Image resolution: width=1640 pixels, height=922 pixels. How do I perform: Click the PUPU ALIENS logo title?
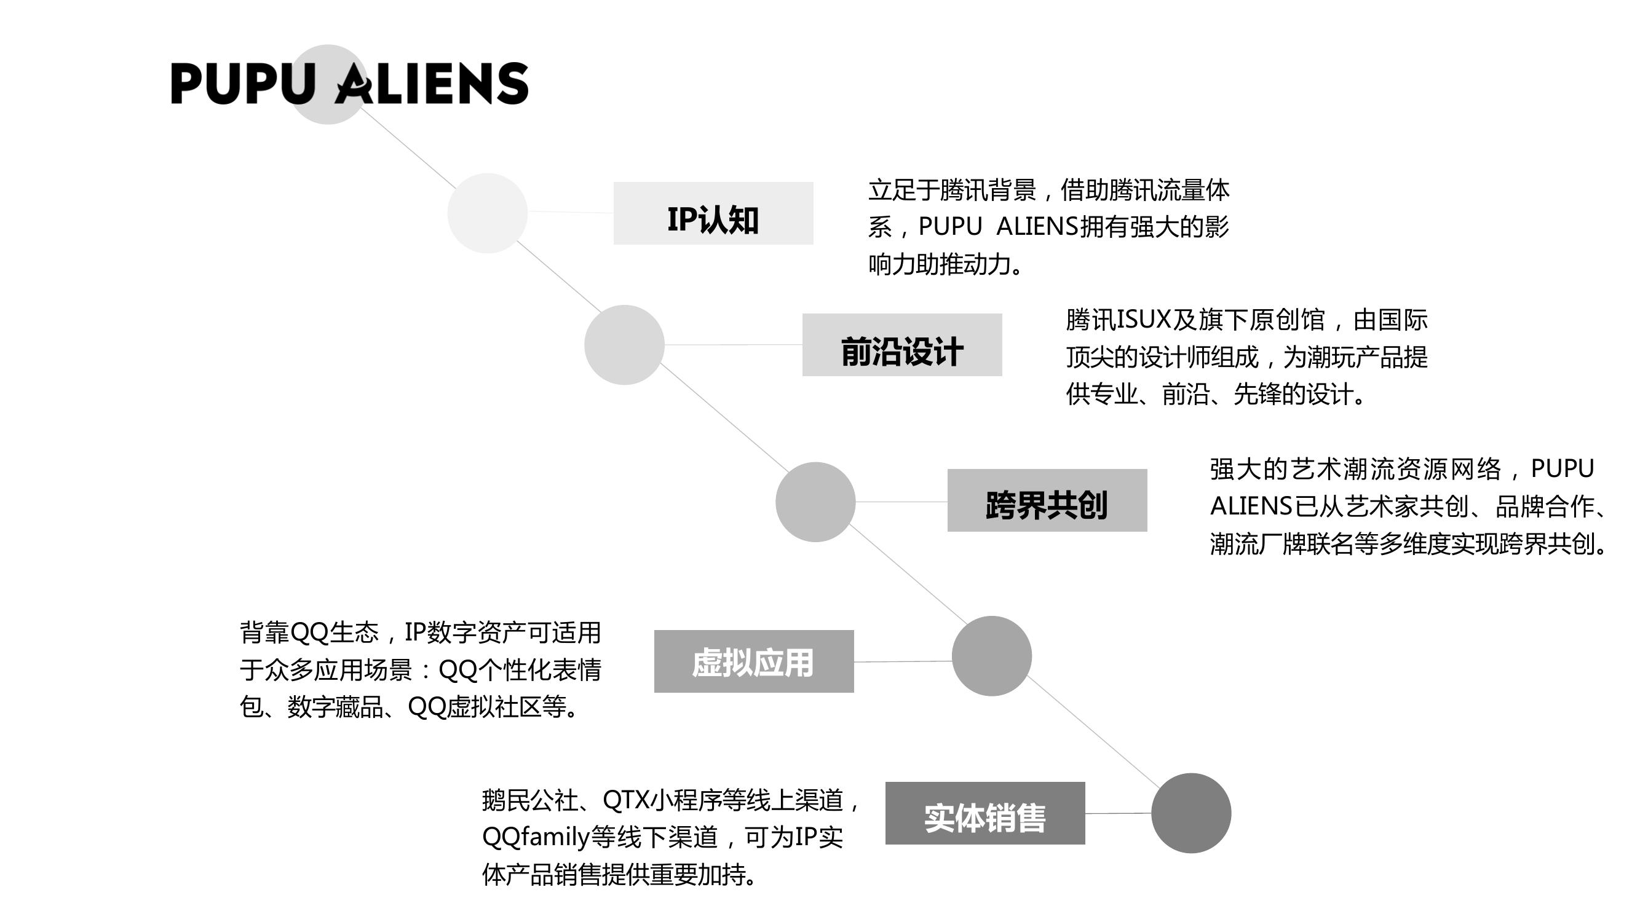point(349,84)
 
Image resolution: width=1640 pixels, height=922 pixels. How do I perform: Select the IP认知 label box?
point(713,213)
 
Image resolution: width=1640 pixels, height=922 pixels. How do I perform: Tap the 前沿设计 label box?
point(902,345)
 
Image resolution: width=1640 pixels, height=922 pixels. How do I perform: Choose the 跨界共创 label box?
point(1047,500)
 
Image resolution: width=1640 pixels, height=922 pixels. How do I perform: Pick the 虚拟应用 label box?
point(754,661)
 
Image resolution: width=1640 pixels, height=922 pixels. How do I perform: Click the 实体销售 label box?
point(985,813)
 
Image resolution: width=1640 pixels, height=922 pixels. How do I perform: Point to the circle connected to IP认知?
point(488,213)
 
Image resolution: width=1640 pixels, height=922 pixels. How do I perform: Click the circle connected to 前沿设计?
point(625,345)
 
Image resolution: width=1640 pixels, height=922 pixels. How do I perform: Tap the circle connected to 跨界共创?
point(815,502)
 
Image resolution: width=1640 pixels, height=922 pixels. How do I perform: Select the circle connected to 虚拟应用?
point(992,656)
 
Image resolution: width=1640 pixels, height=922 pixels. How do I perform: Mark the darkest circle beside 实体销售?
point(1191,813)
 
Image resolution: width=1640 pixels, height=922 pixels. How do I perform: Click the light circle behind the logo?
point(328,85)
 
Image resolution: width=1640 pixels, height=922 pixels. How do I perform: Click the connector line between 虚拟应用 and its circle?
point(903,662)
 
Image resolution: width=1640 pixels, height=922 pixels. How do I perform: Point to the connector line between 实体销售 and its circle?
point(1118,813)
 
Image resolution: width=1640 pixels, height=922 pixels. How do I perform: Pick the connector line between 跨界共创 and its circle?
point(901,502)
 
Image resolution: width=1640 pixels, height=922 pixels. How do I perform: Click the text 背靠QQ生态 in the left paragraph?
point(309,632)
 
